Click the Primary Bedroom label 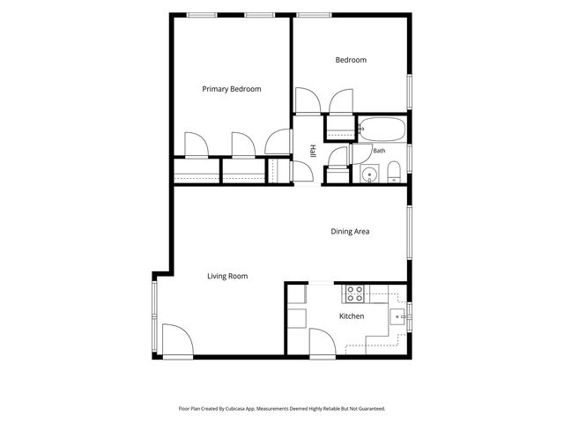coord(231,89)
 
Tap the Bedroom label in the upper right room coord(351,60)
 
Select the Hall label coord(313,151)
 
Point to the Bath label coord(379,151)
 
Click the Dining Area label coord(350,231)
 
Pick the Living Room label coord(227,276)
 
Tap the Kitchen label coord(352,316)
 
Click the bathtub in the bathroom coord(382,129)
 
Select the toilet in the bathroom coord(394,172)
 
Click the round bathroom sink coord(370,174)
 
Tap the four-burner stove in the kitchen coord(354,293)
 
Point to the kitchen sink coord(398,317)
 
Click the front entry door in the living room coord(178,340)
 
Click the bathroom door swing coord(360,154)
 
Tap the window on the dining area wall coord(409,233)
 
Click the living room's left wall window coord(155,316)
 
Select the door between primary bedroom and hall coord(278,142)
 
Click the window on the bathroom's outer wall coord(409,159)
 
